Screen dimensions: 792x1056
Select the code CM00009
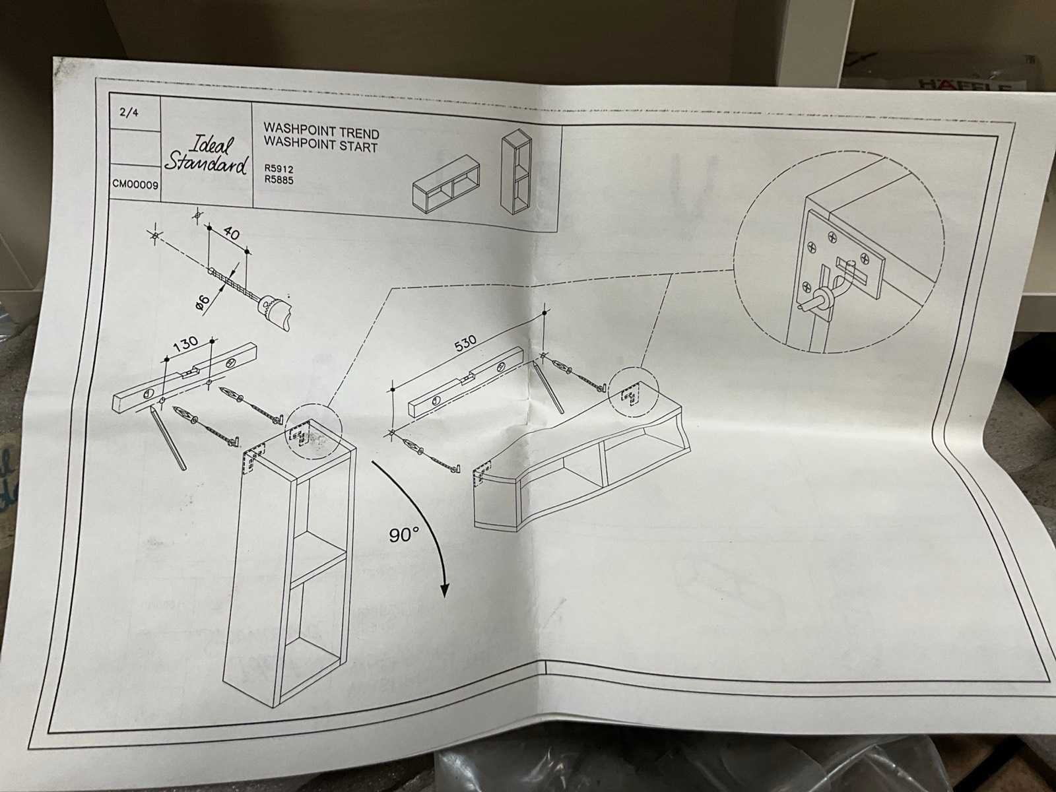[135, 185]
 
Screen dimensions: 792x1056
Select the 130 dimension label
[185, 345]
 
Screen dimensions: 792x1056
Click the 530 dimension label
[465, 343]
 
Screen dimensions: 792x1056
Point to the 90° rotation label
[404, 535]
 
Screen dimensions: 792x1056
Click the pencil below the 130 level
[168, 438]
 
